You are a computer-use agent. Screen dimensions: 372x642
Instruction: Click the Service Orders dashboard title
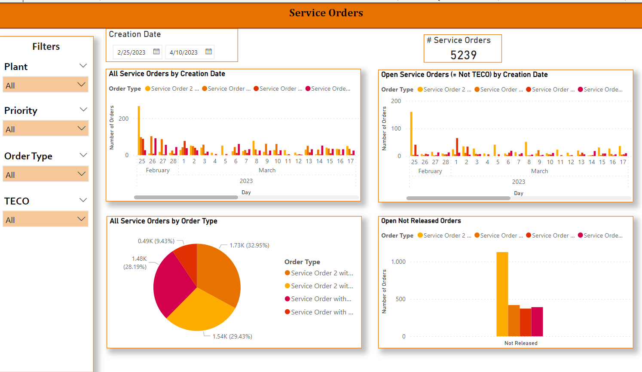click(x=326, y=13)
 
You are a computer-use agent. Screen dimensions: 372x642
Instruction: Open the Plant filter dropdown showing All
click(x=46, y=85)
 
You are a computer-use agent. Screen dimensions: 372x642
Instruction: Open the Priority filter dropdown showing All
click(x=46, y=129)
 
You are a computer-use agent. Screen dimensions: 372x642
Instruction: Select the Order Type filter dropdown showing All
click(x=46, y=174)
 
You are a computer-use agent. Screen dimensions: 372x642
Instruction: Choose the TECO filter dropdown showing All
click(x=46, y=220)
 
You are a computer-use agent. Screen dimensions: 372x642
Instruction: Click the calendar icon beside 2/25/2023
click(x=156, y=52)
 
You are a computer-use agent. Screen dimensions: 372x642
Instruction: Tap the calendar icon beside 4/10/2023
click(x=208, y=52)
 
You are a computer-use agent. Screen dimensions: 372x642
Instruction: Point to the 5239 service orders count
click(x=463, y=55)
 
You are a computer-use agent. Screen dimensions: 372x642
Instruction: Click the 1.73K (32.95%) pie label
click(x=249, y=245)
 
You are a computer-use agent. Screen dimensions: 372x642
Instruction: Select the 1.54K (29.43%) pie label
click(x=232, y=336)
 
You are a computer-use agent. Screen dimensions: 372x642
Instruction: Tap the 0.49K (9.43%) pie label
click(x=156, y=241)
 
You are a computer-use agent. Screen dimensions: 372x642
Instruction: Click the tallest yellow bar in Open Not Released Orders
click(x=502, y=294)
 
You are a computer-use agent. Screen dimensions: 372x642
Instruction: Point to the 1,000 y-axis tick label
click(x=398, y=262)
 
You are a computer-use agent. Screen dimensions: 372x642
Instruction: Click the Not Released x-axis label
click(x=521, y=343)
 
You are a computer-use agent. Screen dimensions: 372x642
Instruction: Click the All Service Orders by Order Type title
click(x=163, y=221)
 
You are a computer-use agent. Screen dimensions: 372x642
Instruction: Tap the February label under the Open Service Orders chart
click(x=430, y=171)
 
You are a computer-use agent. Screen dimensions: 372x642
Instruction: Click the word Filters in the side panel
click(x=46, y=46)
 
